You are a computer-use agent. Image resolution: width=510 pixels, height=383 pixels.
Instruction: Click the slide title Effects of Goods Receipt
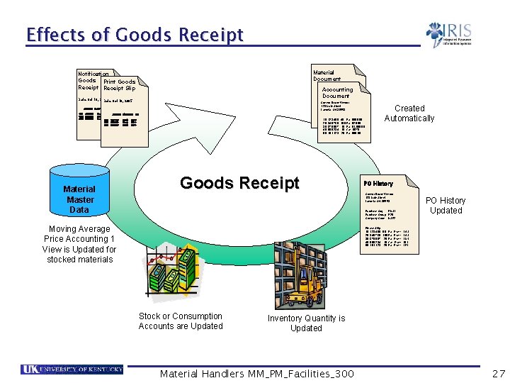135,35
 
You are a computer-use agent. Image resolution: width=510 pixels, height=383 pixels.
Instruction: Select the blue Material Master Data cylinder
79,191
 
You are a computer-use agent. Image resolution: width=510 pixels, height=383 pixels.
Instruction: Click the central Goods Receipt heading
239,183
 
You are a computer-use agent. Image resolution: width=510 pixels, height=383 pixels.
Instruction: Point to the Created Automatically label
409,113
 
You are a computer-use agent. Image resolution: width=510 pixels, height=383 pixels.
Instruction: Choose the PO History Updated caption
446,205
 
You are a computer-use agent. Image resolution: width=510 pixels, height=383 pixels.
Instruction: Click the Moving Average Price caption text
79,244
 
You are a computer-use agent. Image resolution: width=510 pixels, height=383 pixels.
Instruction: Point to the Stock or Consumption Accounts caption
181,321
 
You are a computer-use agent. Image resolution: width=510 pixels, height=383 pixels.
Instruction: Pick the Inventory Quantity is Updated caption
306,323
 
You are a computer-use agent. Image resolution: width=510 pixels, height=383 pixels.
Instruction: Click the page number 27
499,373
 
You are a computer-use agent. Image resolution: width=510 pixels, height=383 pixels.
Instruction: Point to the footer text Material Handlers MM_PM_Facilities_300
257,374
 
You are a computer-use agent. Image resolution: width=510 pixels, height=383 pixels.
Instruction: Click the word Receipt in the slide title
211,35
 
